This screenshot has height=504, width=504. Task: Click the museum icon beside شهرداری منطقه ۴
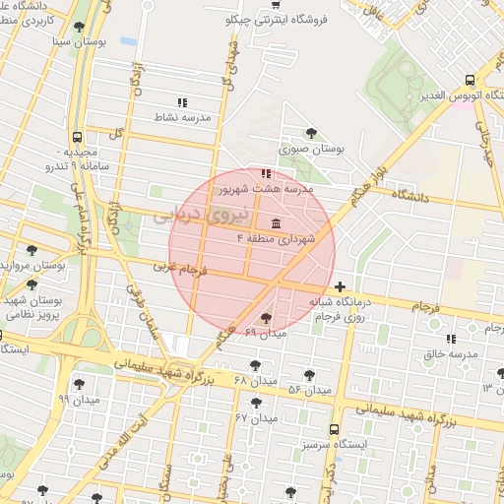coord(274,223)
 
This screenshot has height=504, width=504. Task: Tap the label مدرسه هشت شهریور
coord(265,187)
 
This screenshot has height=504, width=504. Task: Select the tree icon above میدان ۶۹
coord(267,318)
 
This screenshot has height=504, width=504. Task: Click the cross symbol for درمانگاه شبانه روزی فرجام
coord(340,287)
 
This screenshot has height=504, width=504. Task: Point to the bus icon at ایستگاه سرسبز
coord(335,429)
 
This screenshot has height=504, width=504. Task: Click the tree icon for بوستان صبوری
coord(311,133)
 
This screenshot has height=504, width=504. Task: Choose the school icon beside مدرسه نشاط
coord(181,101)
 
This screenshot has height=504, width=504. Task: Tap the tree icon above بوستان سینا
coord(79,27)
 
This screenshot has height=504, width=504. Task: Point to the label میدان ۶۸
coord(257,380)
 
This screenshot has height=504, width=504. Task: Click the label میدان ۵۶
coord(308,390)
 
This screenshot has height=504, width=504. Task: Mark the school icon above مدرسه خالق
coord(451,339)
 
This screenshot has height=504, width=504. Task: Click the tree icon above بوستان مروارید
coord(32,250)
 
